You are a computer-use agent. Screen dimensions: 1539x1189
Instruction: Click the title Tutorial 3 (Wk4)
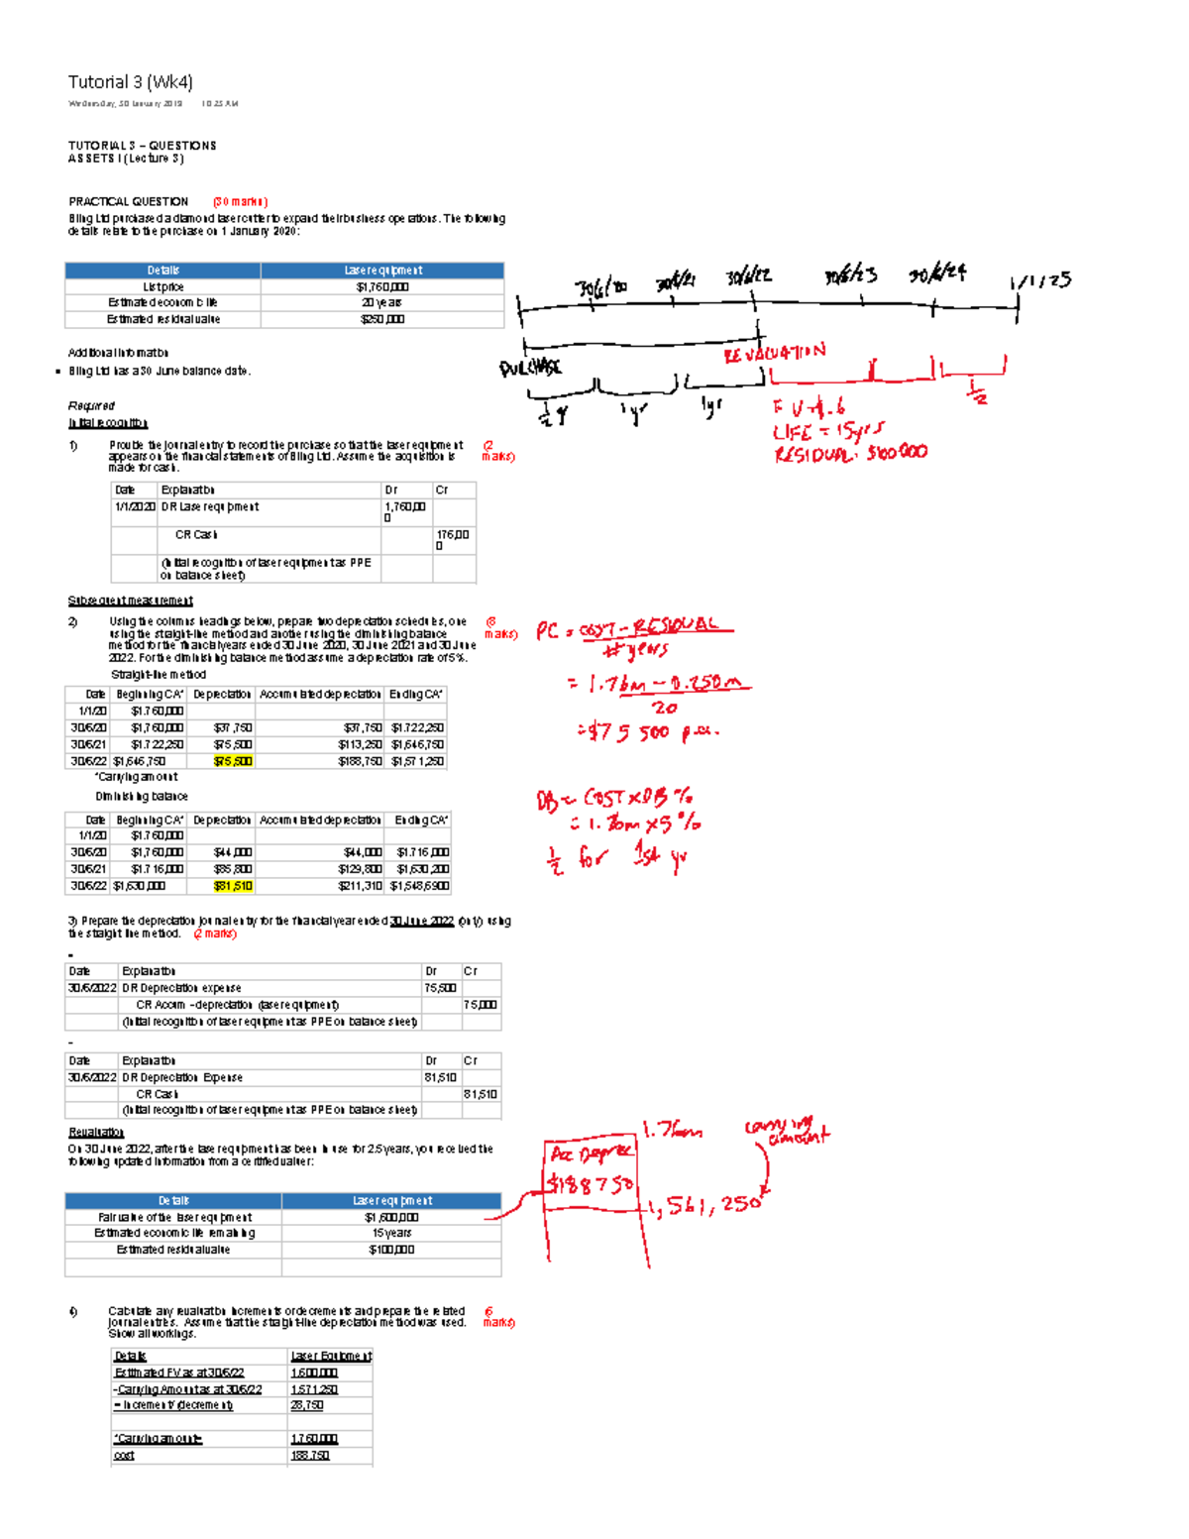(x=130, y=82)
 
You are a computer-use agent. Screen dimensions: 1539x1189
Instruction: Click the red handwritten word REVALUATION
(x=774, y=353)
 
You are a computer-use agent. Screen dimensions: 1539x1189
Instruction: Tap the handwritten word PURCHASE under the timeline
(x=530, y=368)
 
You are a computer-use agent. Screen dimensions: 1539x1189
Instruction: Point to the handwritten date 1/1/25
(x=1040, y=280)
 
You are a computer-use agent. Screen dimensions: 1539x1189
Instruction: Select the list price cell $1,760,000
(x=382, y=286)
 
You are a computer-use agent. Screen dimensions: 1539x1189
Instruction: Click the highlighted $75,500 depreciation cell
(x=233, y=761)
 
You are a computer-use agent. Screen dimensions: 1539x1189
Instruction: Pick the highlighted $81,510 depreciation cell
(x=233, y=886)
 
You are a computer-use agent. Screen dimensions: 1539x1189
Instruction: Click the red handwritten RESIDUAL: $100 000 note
(x=850, y=453)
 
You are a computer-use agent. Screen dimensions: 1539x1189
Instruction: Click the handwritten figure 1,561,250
(x=705, y=1205)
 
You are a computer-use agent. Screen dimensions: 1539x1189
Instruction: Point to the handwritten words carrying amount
(x=789, y=1131)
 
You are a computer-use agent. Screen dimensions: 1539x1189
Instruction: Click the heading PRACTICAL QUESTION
(x=128, y=201)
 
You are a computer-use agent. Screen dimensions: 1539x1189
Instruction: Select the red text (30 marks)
(x=240, y=201)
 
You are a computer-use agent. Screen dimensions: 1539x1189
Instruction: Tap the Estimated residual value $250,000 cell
(x=382, y=319)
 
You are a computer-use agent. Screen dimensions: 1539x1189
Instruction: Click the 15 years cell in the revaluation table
(x=391, y=1233)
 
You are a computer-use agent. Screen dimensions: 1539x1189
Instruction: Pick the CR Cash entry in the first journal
(x=196, y=534)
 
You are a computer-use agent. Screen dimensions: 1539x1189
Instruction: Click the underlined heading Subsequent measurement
(x=130, y=601)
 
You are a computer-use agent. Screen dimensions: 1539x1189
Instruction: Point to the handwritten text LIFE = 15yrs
(x=827, y=432)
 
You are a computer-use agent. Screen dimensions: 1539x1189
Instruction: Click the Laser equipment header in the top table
(x=382, y=271)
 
